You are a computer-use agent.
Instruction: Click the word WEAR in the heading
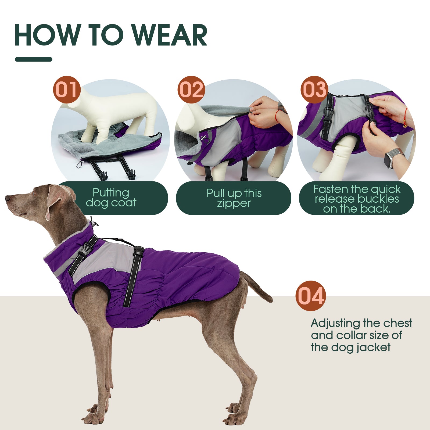[170, 35]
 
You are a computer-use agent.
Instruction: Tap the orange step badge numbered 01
[67, 90]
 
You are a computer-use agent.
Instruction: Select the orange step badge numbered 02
[191, 90]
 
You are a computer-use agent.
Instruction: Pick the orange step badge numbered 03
[314, 90]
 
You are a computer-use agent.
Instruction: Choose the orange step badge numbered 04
[311, 296]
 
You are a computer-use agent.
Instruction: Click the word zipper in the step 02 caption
[234, 203]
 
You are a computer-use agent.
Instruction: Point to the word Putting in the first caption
[111, 193]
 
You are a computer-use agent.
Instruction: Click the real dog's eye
[34, 193]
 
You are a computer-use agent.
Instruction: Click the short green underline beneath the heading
[34, 59]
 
